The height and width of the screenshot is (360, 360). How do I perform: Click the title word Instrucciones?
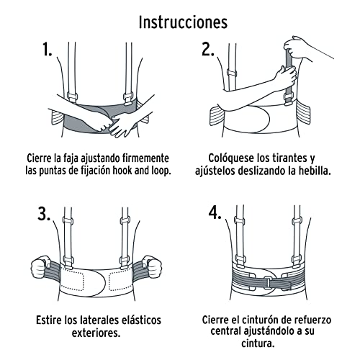pyautogui.click(x=182, y=22)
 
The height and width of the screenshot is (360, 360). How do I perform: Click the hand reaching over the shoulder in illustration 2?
pyautogui.click(x=295, y=47)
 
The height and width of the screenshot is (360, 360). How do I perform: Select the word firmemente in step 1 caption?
pyautogui.click(x=141, y=158)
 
